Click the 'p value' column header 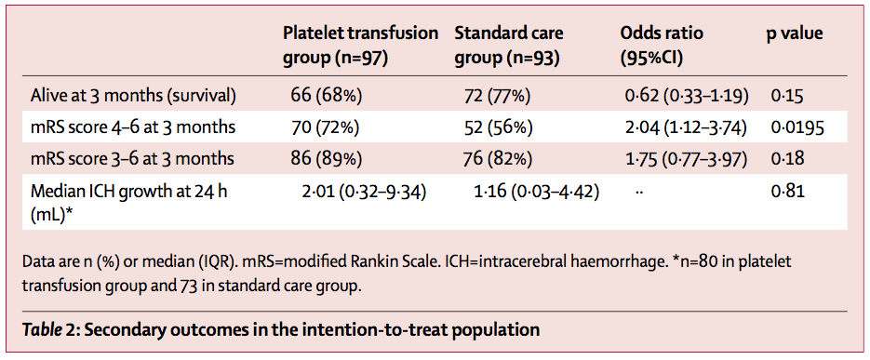point(795,33)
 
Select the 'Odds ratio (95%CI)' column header point(662,45)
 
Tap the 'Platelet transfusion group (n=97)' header point(361,45)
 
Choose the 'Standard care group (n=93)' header point(509,45)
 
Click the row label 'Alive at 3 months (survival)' point(134,96)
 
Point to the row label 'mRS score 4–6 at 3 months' point(133,127)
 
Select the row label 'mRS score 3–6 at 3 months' point(133,159)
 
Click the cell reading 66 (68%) point(327,96)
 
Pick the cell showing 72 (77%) point(497,96)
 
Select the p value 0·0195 point(797,127)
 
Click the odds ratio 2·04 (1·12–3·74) point(686,127)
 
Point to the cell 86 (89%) point(327,159)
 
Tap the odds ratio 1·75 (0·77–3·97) point(686,159)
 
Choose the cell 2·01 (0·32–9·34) point(363,192)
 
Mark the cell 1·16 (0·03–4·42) point(536,192)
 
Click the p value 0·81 point(787,192)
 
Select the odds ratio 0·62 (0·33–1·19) point(687,96)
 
